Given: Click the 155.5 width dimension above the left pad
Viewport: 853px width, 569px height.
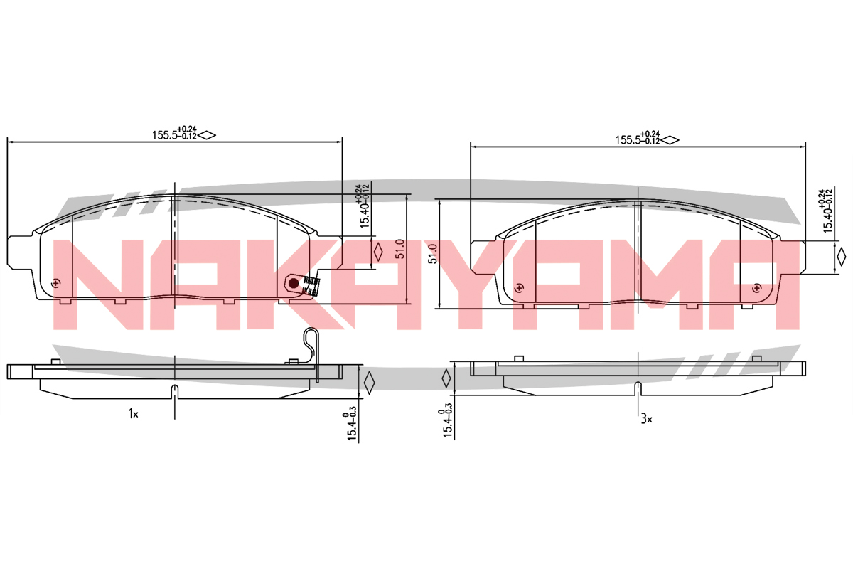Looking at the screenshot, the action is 174,133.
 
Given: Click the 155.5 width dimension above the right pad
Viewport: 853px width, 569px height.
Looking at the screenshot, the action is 638,139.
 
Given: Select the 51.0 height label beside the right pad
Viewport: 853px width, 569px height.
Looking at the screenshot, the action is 432,254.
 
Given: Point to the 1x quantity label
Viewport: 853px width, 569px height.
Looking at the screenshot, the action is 134,413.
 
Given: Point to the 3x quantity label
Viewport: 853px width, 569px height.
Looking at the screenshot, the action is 647,419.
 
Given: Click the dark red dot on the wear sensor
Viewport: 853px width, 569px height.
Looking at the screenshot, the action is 294,283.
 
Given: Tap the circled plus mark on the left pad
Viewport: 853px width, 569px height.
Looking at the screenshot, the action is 56,283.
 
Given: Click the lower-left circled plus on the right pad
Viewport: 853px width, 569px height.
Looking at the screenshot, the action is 519,288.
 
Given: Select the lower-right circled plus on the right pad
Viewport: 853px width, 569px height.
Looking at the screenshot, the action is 756,288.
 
